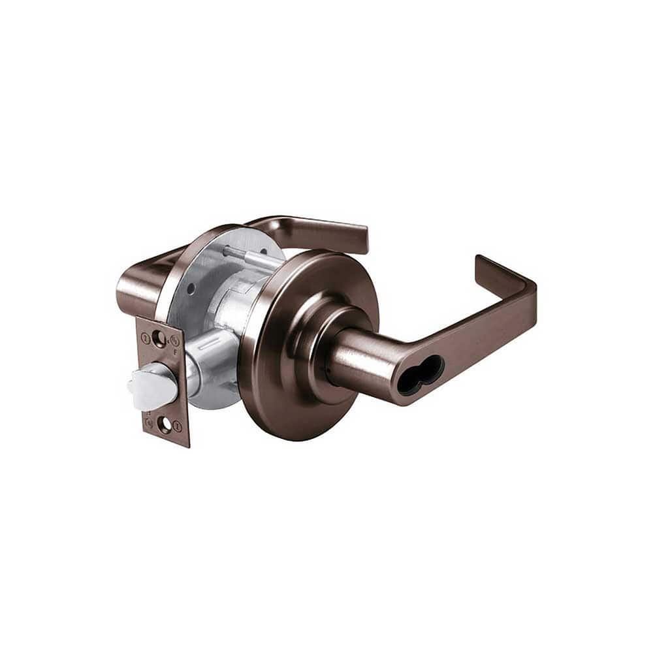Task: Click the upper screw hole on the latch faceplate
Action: pyautogui.click(x=157, y=338)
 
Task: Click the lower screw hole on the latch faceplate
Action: pyautogui.click(x=165, y=425)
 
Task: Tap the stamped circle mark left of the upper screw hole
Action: pyautogui.click(x=145, y=338)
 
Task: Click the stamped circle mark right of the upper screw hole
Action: pyautogui.click(x=174, y=340)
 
